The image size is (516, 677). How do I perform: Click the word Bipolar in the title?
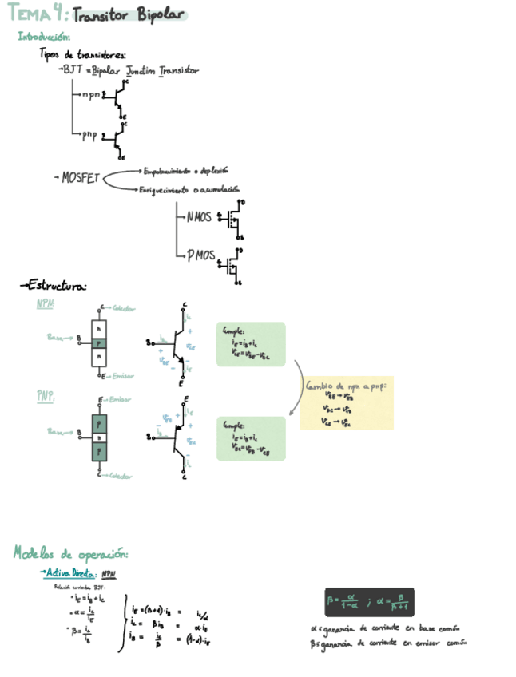click(160, 14)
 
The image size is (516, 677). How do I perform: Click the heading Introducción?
click(45, 37)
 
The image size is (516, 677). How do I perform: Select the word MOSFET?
click(81, 178)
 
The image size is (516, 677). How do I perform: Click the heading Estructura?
click(56, 285)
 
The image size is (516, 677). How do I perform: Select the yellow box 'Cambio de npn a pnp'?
click(347, 403)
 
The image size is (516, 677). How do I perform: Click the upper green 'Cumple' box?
click(250, 344)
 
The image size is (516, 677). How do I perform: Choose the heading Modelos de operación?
click(71, 553)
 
